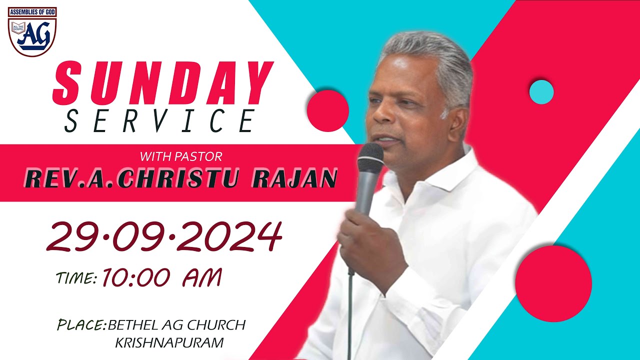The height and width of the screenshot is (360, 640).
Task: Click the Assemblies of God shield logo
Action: coord(32,31)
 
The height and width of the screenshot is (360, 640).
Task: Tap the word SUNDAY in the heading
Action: coord(163,83)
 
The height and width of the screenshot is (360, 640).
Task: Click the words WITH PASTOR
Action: coord(180,156)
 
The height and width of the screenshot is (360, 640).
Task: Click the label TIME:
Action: coord(76,278)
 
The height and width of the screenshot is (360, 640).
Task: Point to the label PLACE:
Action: coord(82,325)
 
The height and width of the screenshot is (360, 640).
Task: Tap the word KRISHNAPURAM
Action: coord(169,343)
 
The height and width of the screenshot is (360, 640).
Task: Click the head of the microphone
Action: coord(370,158)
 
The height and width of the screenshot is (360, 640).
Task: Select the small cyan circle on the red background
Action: coord(541,92)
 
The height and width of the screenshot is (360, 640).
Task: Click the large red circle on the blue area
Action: coord(553,283)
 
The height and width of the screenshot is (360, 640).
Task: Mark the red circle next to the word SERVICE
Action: coord(327,111)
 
